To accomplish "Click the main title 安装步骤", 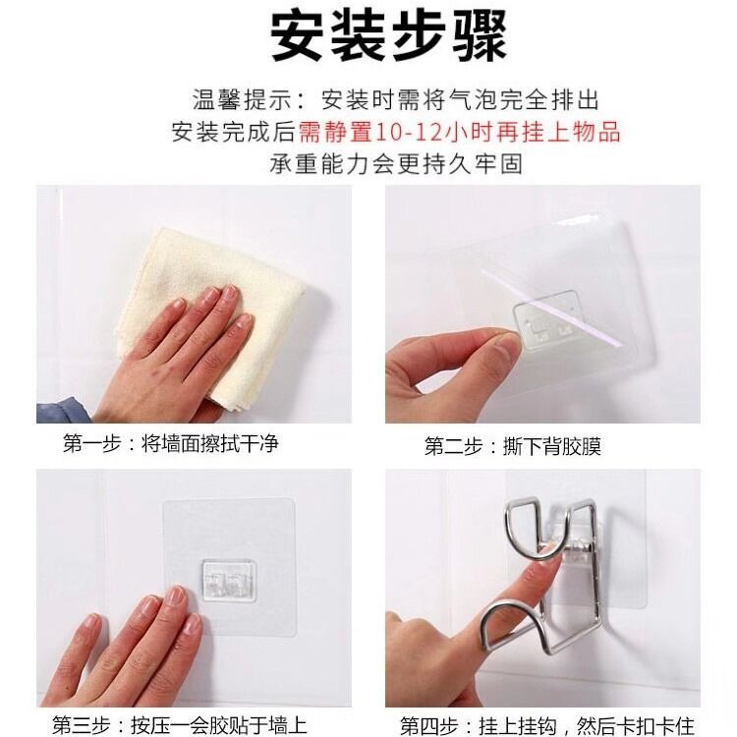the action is pyautogui.click(x=389, y=36).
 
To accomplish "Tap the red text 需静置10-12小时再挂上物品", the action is pyautogui.click(x=459, y=132).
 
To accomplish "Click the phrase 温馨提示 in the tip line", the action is pyautogui.click(x=242, y=99).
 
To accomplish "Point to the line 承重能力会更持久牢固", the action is pyautogui.click(x=396, y=164).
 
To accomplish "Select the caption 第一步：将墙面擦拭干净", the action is pyautogui.click(x=171, y=443).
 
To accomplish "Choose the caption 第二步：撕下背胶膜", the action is pyautogui.click(x=513, y=446).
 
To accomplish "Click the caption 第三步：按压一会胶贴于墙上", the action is pyautogui.click(x=180, y=725).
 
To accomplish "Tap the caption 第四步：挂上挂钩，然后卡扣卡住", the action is pyautogui.click(x=547, y=726).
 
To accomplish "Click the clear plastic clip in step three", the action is pyautogui.click(x=229, y=581).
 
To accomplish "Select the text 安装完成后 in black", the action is pyautogui.click(x=234, y=132).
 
